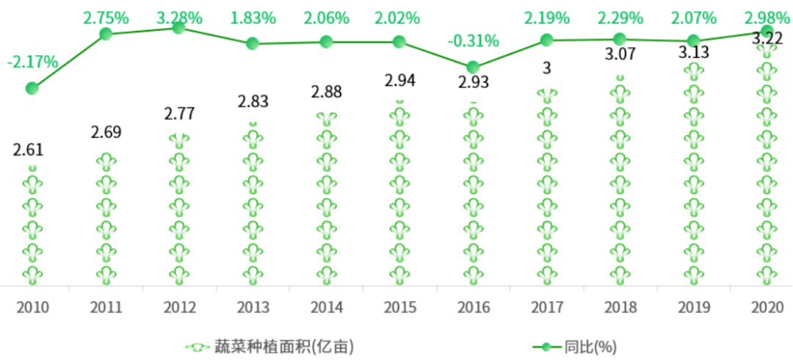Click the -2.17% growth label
[x=32, y=62]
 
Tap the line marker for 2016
[x=473, y=67]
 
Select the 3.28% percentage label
[x=178, y=17]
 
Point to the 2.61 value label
[x=29, y=150]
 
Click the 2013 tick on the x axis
[x=252, y=306]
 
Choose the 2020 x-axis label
[x=766, y=306]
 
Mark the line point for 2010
[x=32, y=88]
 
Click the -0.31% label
[x=473, y=41]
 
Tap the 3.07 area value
[x=620, y=52]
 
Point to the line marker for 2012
[x=178, y=27]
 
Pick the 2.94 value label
[x=400, y=81]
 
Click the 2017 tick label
[x=546, y=306]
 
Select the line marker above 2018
[x=620, y=39]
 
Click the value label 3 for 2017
[x=546, y=68]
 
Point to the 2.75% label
[x=106, y=17]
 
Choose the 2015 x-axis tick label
[x=399, y=306]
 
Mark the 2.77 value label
[x=180, y=114]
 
